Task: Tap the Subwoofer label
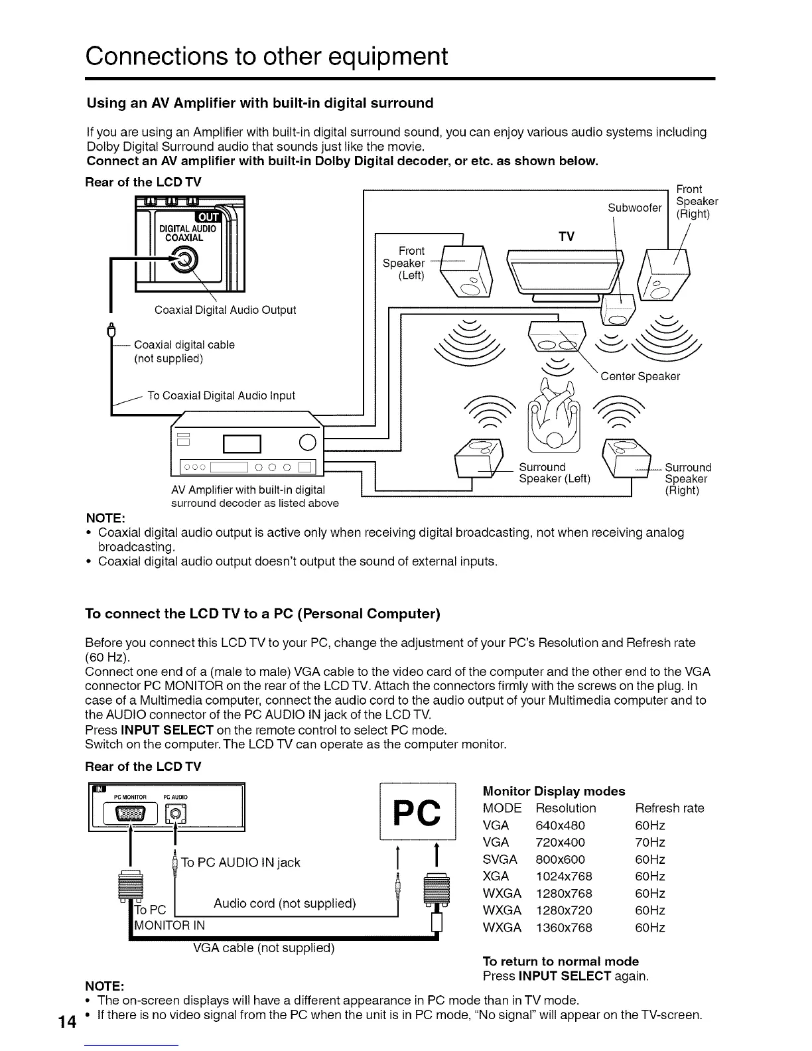click(x=634, y=208)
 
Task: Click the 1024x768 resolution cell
click(x=564, y=876)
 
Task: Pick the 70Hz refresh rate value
click(x=649, y=843)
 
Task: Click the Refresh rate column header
click(x=669, y=808)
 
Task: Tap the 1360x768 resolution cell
click(x=564, y=928)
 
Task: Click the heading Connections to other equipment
click(x=267, y=56)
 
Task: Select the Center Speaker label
click(x=640, y=377)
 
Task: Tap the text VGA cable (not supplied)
click(x=263, y=947)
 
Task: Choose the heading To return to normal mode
click(x=561, y=961)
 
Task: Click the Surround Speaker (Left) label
click(x=554, y=473)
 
